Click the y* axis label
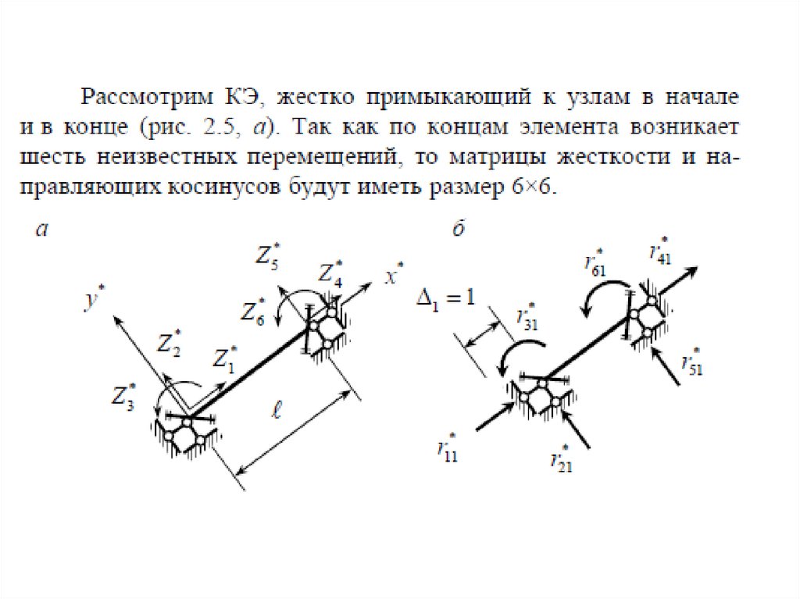click(x=95, y=299)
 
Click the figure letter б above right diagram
click(x=459, y=230)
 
